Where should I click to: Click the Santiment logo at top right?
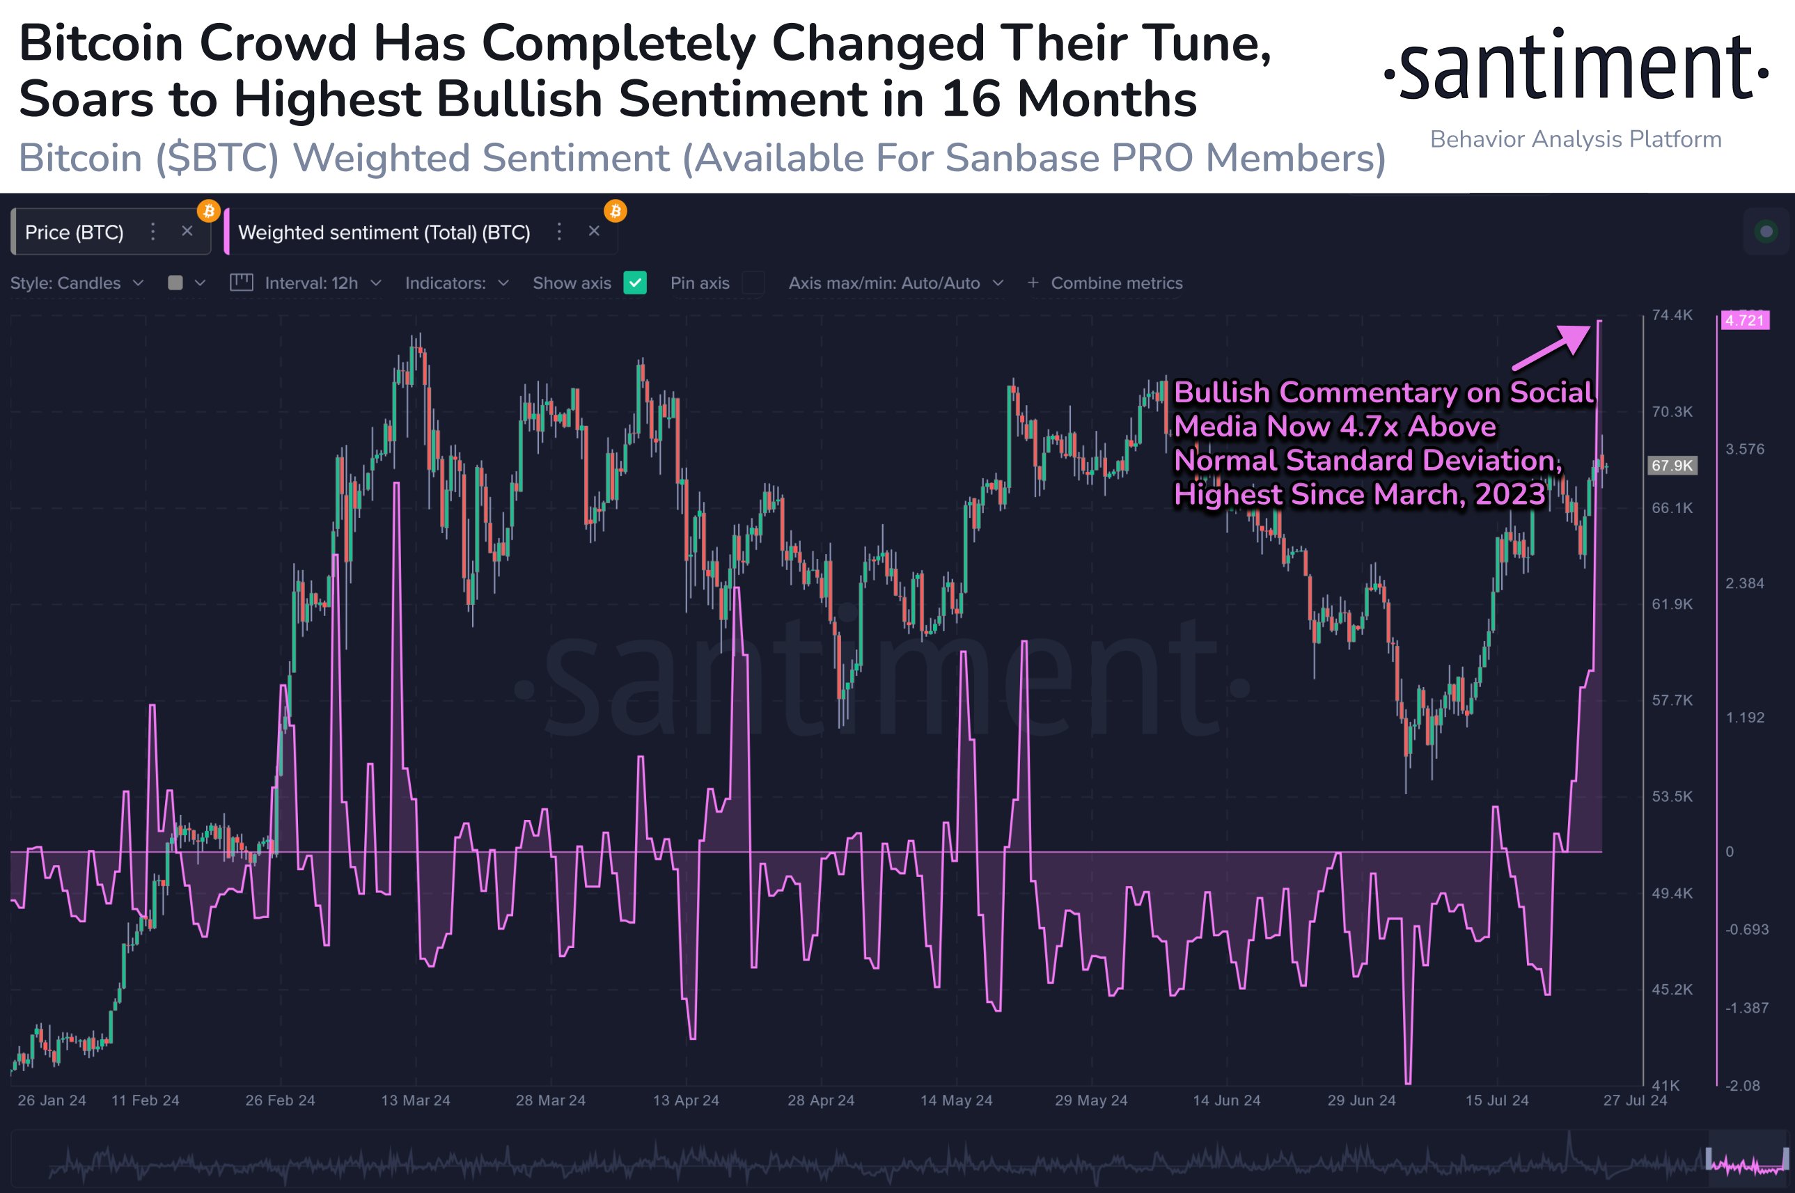tap(1575, 67)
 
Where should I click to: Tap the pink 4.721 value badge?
tap(1744, 320)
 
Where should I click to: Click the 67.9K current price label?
tap(1672, 466)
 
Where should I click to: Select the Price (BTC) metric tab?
tap(75, 232)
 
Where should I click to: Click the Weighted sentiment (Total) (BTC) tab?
tap(384, 232)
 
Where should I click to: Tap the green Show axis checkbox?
tap(634, 283)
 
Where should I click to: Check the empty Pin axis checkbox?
tap(753, 283)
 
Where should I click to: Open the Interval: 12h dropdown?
tap(311, 283)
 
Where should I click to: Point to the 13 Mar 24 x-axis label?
tap(416, 1100)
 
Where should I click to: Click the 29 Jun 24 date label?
tap(1361, 1100)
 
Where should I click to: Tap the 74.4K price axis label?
tap(1672, 315)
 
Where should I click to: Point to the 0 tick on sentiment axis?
tap(1730, 851)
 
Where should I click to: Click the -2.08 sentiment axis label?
tap(1742, 1086)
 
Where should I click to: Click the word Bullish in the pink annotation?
tap(1222, 393)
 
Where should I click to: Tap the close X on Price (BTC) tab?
tap(187, 231)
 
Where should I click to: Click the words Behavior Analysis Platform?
tap(1575, 139)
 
